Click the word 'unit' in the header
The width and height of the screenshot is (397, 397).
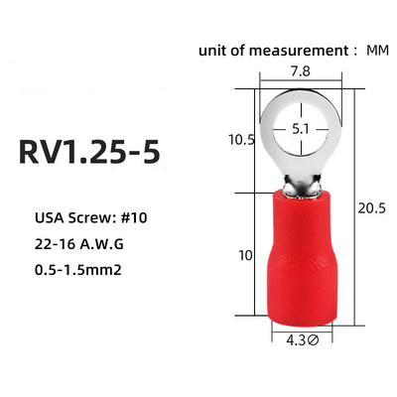[212, 49]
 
